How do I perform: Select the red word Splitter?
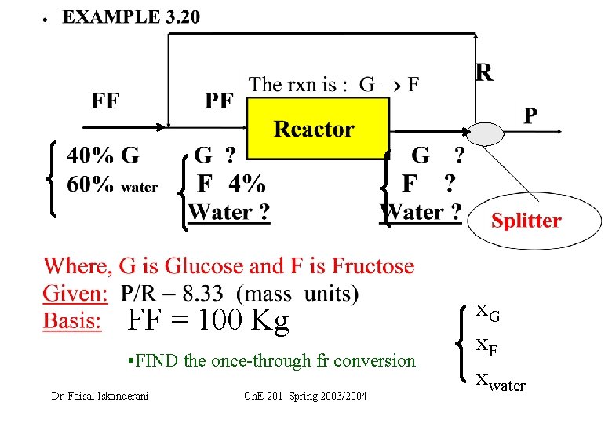pyautogui.click(x=526, y=221)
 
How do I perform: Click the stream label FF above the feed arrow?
pyautogui.click(x=106, y=101)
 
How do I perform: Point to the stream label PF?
pyautogui.click(x=220, y=101)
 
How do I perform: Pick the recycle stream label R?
pyautogui.click(x=485, y=73)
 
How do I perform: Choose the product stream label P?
pyautogui.click(x=530, y=115)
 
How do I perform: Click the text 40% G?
pyautogui.click(x=103, y=155)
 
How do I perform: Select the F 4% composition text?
pyautogui.click(x=231, y=184)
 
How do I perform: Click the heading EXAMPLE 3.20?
pyautogui.click(x=131, y=17)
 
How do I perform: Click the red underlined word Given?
pyautogui.click(x=75, y=294)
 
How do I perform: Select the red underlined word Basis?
pyautogui.click(x=72, y=321)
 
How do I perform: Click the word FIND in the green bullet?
pyautogui.click(x=156, y=361)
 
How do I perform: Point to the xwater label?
pyautogui.click(x=500, y=383)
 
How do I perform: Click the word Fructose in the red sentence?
pyautogui.click(x=373, y=266)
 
